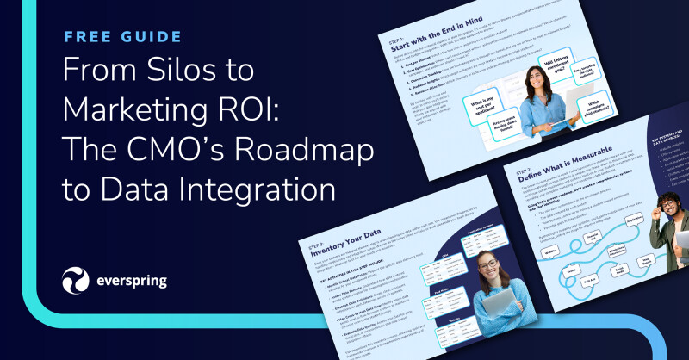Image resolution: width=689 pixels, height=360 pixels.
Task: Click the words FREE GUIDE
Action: click(x=122, y=37)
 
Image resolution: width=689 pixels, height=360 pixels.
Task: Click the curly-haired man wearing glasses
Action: click(x=667, y=215)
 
